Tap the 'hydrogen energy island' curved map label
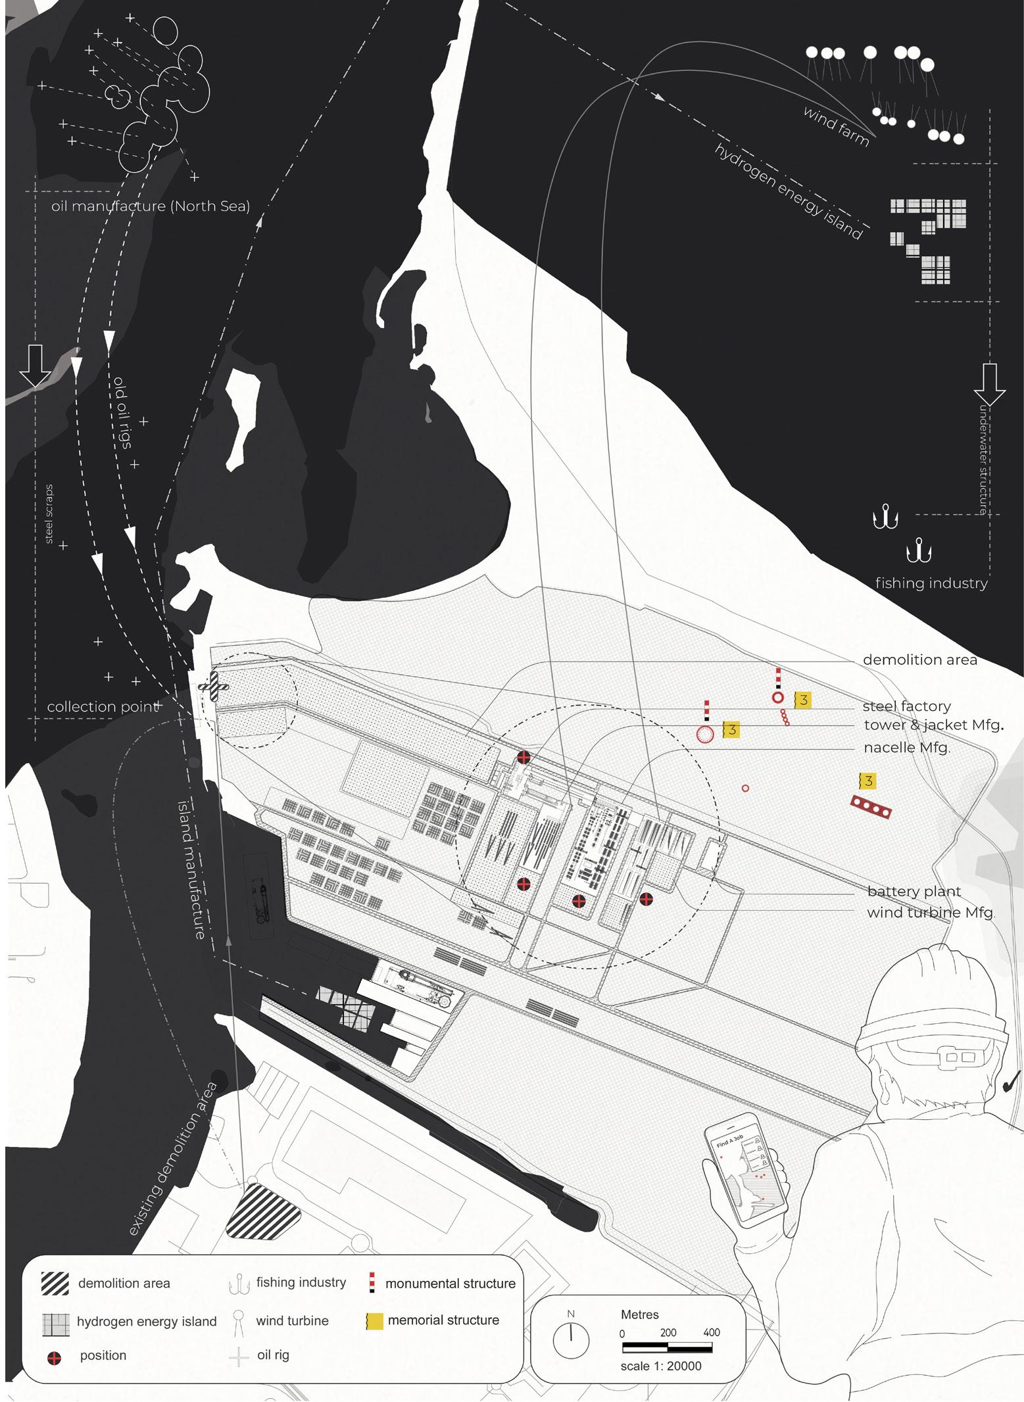789,191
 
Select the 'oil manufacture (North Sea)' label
151,206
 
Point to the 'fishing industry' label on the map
931,583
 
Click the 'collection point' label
103,707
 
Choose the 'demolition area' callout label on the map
919,660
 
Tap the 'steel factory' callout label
906,706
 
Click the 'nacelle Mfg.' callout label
906,748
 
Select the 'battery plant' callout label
914,892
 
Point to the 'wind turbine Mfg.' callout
931,913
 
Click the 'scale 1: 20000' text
660,1366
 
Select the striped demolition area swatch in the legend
55,1283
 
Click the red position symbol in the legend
55,1356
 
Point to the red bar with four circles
871,807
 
